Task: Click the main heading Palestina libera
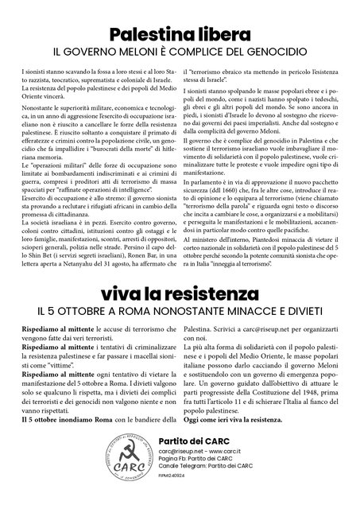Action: point(180,34)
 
